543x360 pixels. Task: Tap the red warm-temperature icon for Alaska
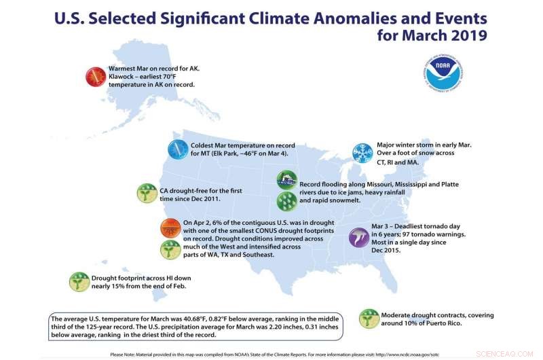(96, 77)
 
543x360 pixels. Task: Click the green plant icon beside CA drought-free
(147, 193)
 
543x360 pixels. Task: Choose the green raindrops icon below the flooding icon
(286, 201)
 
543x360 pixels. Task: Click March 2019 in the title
(449, 34)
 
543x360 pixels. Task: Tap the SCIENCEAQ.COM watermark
(515, 353)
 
